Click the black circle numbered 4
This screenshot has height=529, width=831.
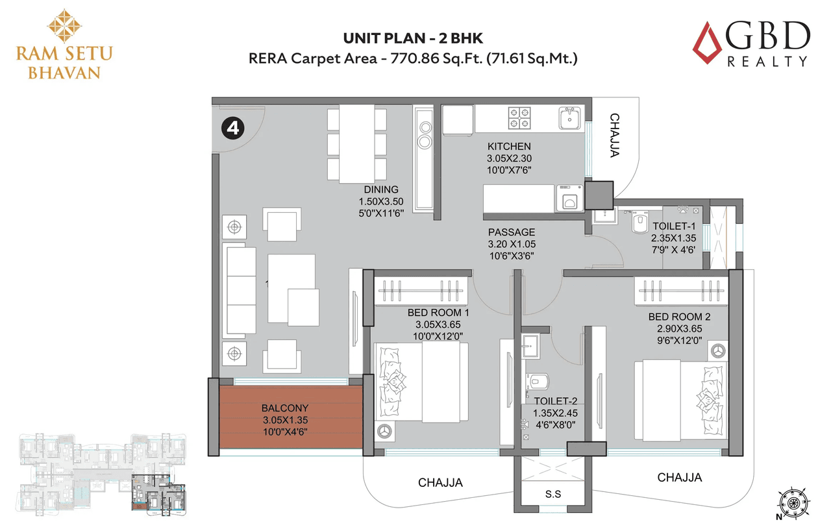tap(232, 129)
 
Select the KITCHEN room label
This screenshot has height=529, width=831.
tap(509, 147)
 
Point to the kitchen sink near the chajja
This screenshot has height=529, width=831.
tap(570, 118)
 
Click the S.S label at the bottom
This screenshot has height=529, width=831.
tap(553, 494)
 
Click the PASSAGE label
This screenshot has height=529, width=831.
tap(512, 232)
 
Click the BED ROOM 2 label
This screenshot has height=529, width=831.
tap(679, 317)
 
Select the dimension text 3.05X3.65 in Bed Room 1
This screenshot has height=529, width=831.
tap(438, 324)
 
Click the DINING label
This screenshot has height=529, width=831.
tap(381, 190)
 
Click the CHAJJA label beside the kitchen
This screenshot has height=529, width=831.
tap(614, 135)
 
